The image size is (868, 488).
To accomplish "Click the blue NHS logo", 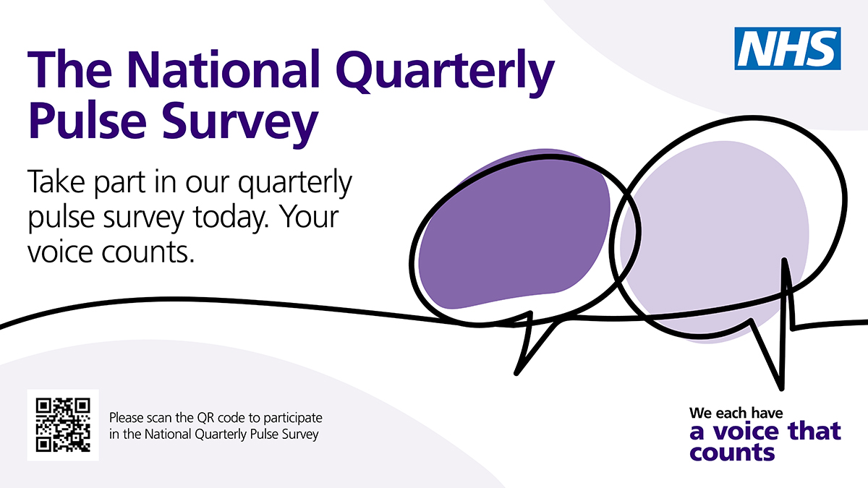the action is (788, 48).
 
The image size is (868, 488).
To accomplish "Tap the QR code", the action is (63, 425).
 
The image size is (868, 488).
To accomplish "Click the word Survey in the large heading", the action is (240, 124).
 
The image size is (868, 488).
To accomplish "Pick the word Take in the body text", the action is (56, 181).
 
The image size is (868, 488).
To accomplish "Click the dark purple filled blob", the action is (514, 229).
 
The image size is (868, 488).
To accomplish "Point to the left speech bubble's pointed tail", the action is (516, 373).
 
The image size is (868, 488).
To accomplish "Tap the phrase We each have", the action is (736, 414).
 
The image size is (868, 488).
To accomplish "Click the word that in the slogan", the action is (814, 431).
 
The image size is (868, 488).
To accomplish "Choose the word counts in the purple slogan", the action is (732, 453).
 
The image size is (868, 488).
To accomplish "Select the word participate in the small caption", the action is (293, 419).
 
